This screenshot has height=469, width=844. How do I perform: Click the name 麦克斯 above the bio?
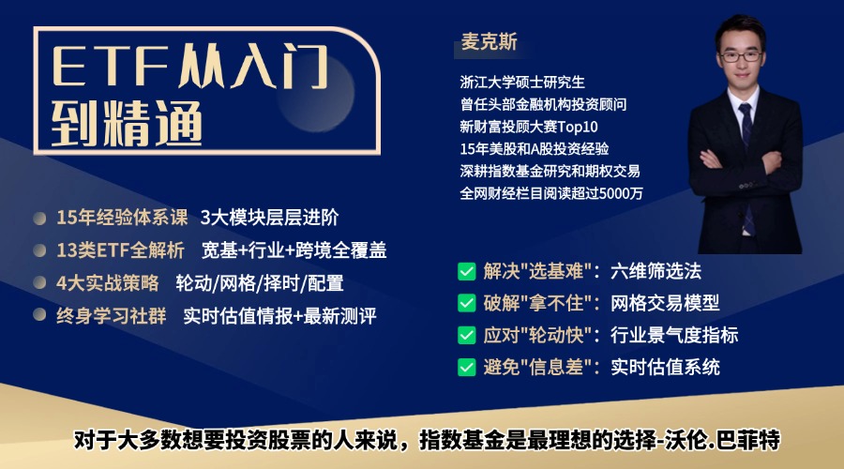point(489,43)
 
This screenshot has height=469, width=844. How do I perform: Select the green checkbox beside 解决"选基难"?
point(466,272)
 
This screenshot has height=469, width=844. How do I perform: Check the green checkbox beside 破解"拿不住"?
point(466,303)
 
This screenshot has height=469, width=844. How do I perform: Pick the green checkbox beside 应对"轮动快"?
point(466,335)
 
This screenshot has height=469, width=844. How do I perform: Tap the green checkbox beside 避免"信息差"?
point(466,367)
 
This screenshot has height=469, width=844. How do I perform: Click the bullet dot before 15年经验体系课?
point(39,219)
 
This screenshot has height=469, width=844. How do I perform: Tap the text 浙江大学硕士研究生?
point(522,82)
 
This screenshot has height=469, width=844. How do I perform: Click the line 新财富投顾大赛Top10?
point(528,127)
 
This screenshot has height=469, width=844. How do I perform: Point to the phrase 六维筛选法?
point(656,272)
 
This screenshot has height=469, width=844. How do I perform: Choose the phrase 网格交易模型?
point(665,303)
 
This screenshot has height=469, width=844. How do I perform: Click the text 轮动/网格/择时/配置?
point(260,283)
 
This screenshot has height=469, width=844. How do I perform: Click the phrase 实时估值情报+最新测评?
point(279,316)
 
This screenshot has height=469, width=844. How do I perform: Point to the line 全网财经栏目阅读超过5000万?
point(551,193)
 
